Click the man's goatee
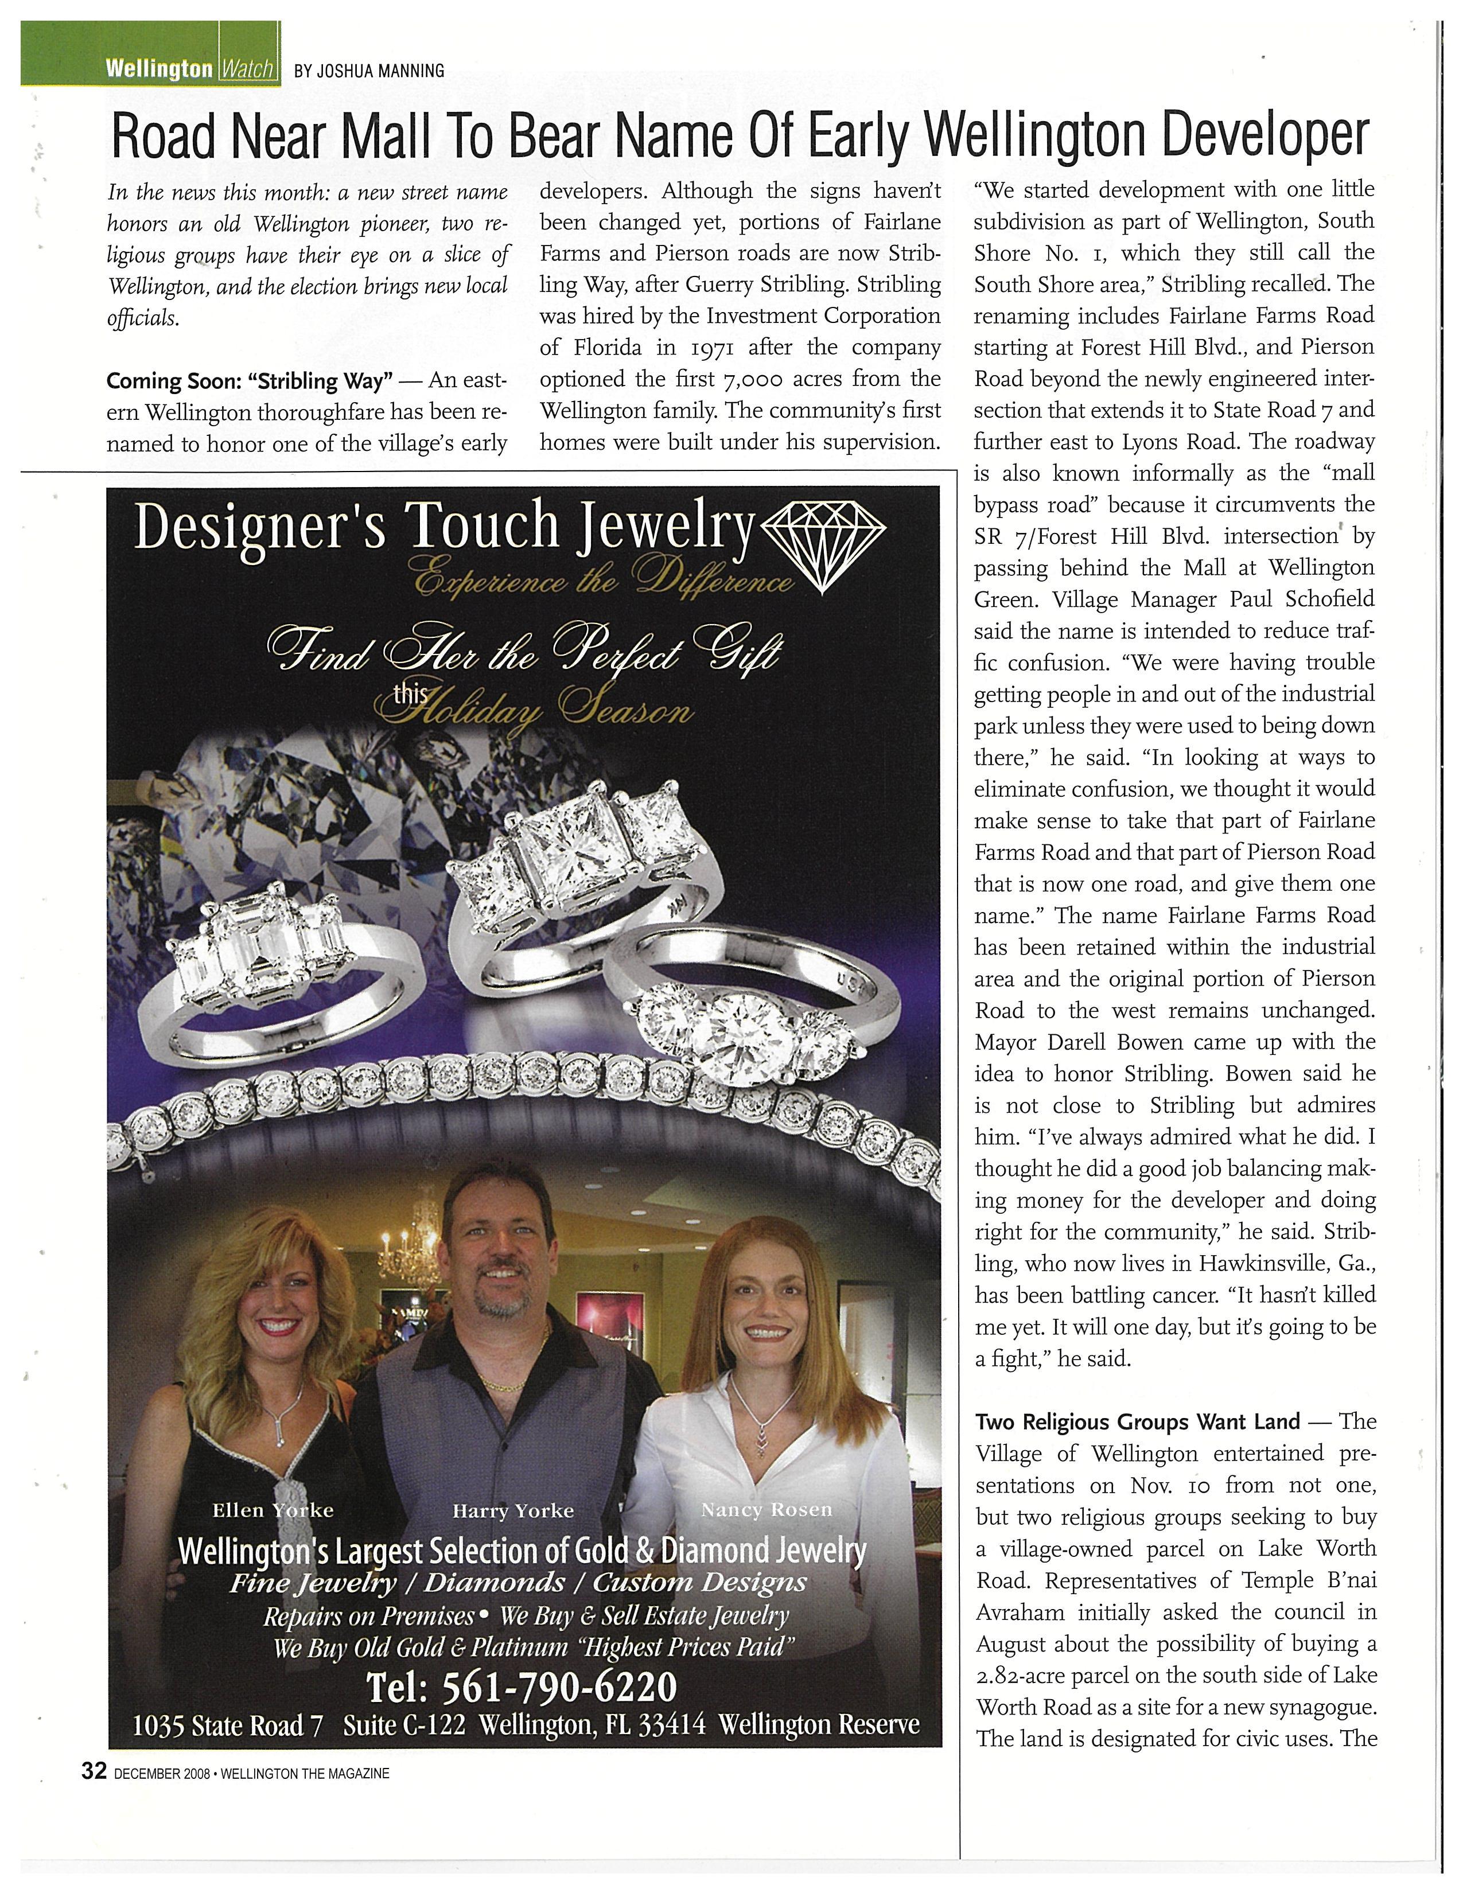(x=500, y=1304)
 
